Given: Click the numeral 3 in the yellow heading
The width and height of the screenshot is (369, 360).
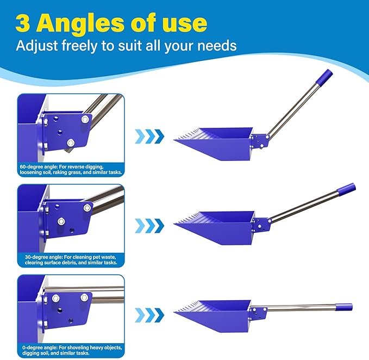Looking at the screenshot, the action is [x=23, y=23].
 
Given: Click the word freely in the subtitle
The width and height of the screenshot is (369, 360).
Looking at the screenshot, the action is [x=79, y=46].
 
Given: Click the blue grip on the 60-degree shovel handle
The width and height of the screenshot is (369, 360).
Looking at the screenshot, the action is [x=324, y=77].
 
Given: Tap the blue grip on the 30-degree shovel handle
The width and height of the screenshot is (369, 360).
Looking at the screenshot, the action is [x=347, y=189].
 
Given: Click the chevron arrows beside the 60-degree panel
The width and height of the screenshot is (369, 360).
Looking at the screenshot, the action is [x=149, y=136].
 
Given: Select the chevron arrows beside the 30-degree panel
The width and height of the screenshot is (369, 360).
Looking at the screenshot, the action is [x=149, y=226].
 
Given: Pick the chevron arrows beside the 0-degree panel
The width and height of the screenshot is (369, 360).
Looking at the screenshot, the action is [x=149, y=315].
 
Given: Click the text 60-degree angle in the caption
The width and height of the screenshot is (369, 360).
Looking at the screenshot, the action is [x=39, y=167].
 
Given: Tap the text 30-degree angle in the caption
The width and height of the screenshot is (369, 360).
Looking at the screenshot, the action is [x=43, y=257].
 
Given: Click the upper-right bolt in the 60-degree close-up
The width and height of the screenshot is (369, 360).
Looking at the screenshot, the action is [x=85, y=120].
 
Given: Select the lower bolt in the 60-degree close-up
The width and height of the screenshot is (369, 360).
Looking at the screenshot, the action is [x=70, y=142].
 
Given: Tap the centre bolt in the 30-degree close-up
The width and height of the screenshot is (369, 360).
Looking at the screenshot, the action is [x=61, y=221].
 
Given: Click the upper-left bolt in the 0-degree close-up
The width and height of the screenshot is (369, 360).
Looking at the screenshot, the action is [x=56, y=299].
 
